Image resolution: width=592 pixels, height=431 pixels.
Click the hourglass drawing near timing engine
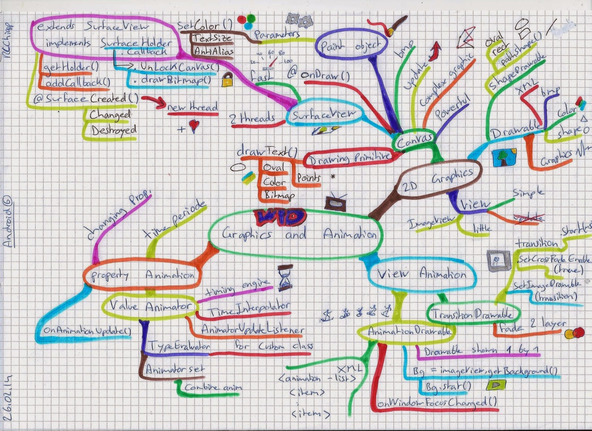coord(285,278)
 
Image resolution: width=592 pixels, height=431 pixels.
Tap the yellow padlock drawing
coord(227,80)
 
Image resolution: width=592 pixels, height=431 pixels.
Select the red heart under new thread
coord(194,126)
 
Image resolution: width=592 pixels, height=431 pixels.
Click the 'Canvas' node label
coord(414,140)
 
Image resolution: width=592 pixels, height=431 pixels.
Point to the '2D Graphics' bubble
coord(440,179)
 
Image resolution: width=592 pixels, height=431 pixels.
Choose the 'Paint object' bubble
coord(351,46)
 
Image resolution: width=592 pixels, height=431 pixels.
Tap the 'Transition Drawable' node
coord(473,314)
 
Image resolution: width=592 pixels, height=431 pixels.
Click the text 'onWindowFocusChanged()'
coord(437,402)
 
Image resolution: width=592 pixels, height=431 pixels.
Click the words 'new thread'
coord(192,107)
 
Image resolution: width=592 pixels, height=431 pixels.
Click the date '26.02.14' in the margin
coord(8,397)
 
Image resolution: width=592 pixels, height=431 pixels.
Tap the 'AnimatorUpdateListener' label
coord(253,329)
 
